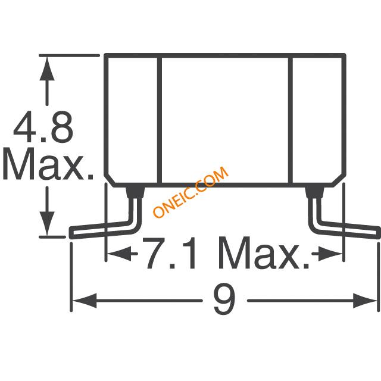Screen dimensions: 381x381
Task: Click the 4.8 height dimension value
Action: [43, 127]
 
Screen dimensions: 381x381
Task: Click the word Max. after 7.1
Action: [264, 253]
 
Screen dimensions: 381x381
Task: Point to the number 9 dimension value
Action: [224, 300]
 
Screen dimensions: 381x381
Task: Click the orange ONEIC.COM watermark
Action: [190, 192]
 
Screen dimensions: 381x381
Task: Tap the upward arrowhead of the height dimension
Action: [47, 69]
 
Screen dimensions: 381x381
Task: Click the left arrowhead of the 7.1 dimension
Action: [119, 254]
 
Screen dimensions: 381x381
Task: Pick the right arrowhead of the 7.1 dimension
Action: [330, 254]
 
